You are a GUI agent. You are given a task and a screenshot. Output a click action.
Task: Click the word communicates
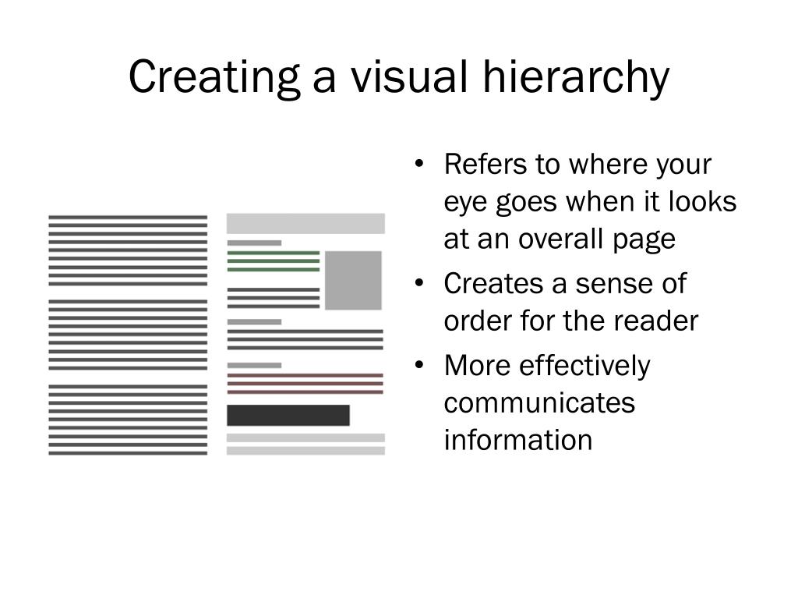[539, 402]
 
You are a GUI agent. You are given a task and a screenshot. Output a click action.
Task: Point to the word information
[518, 440]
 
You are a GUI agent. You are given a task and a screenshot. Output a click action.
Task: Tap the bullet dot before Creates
[420, 283]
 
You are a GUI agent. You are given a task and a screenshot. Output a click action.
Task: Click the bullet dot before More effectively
[420, 364]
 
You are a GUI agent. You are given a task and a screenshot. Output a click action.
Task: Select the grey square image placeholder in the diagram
[353, 280]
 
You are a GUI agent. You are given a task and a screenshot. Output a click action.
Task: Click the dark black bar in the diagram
[288, 415]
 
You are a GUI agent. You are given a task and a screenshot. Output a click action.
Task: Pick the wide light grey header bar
[305, 223]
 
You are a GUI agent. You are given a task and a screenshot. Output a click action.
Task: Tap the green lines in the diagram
[273, 261]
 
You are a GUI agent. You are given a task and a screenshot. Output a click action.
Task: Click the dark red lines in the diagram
[305, 384]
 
